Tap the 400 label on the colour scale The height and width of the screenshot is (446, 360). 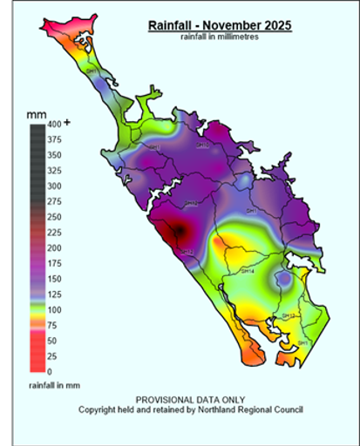tap(53, 125)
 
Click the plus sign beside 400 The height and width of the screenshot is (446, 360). tap(67, 123)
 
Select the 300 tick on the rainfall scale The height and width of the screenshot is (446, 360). tap(53, 186)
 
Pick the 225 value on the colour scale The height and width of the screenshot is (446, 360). tap(53, 233)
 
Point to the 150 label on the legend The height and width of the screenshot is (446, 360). tap(53, 279)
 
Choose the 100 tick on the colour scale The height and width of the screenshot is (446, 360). tap(53, 310)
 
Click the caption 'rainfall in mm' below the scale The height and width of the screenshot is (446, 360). tap(54, 384)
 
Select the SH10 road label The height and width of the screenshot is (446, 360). tap(202, 145)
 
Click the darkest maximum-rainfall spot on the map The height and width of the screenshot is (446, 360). tap(179, 232)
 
